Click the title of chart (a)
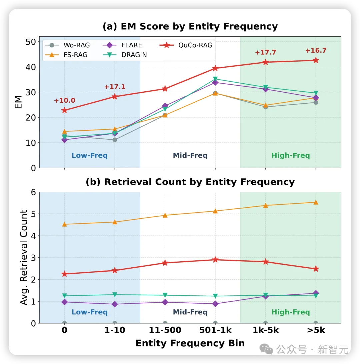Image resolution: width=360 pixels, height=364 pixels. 190,27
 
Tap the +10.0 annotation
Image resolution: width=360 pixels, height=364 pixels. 65,100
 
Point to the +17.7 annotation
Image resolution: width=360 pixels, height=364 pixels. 265,52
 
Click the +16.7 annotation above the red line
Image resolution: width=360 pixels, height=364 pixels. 316,51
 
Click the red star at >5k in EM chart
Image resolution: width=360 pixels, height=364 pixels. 316,60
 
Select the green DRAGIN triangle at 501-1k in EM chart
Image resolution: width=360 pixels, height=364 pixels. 215,79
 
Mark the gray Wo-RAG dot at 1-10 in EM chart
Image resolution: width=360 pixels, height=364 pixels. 115,140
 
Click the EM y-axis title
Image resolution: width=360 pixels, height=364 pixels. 18,102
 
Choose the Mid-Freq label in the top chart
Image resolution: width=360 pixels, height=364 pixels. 190,155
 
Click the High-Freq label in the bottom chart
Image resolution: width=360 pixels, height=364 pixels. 290,312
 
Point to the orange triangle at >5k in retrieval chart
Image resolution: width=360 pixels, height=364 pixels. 316,202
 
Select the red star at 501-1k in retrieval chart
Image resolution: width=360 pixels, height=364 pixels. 215,259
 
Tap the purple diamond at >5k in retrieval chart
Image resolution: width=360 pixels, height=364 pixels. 316,293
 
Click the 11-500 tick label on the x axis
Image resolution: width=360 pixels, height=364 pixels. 165,330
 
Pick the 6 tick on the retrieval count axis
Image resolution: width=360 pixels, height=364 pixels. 33,192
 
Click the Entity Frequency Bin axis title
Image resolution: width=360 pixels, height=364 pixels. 190,343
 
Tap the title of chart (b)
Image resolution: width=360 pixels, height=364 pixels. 190,182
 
